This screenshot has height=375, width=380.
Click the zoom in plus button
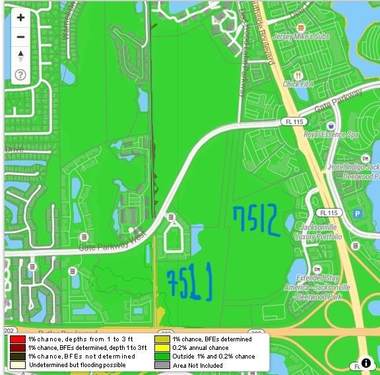click(x=20, y=18)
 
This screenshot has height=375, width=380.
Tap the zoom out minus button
click(x=20, y=37)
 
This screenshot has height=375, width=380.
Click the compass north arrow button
click(x=20, y=55)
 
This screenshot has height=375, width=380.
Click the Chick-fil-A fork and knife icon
click(x=299, y=75)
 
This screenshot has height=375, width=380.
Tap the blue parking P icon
click(x=358, y=213)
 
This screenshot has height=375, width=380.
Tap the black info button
click(x=365, y=362)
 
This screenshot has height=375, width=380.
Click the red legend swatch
click(x=17, y=339)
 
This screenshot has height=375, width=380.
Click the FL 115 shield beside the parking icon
click(x=327, y=213)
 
